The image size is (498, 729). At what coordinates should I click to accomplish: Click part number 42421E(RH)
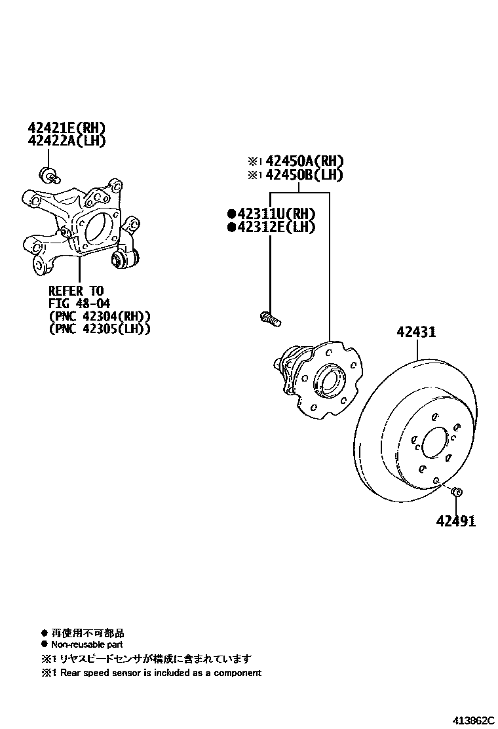tap(66, 128)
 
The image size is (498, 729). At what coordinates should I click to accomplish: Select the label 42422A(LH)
tap(66, 140)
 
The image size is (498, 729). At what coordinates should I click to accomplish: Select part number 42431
tap(415, 332)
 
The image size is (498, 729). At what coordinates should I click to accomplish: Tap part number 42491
tap(456, 521)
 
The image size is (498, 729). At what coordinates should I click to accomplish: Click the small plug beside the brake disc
tap(457, 492)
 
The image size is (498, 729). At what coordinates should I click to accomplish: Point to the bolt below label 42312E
tap(270, 319)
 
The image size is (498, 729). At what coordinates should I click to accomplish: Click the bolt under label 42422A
tap(50, 174)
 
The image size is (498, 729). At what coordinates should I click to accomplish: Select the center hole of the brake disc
tap(433, 444)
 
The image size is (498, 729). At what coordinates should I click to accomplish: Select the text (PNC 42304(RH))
tap(100, 316)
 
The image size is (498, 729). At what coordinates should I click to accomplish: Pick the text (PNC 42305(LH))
tap(100, 329)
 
